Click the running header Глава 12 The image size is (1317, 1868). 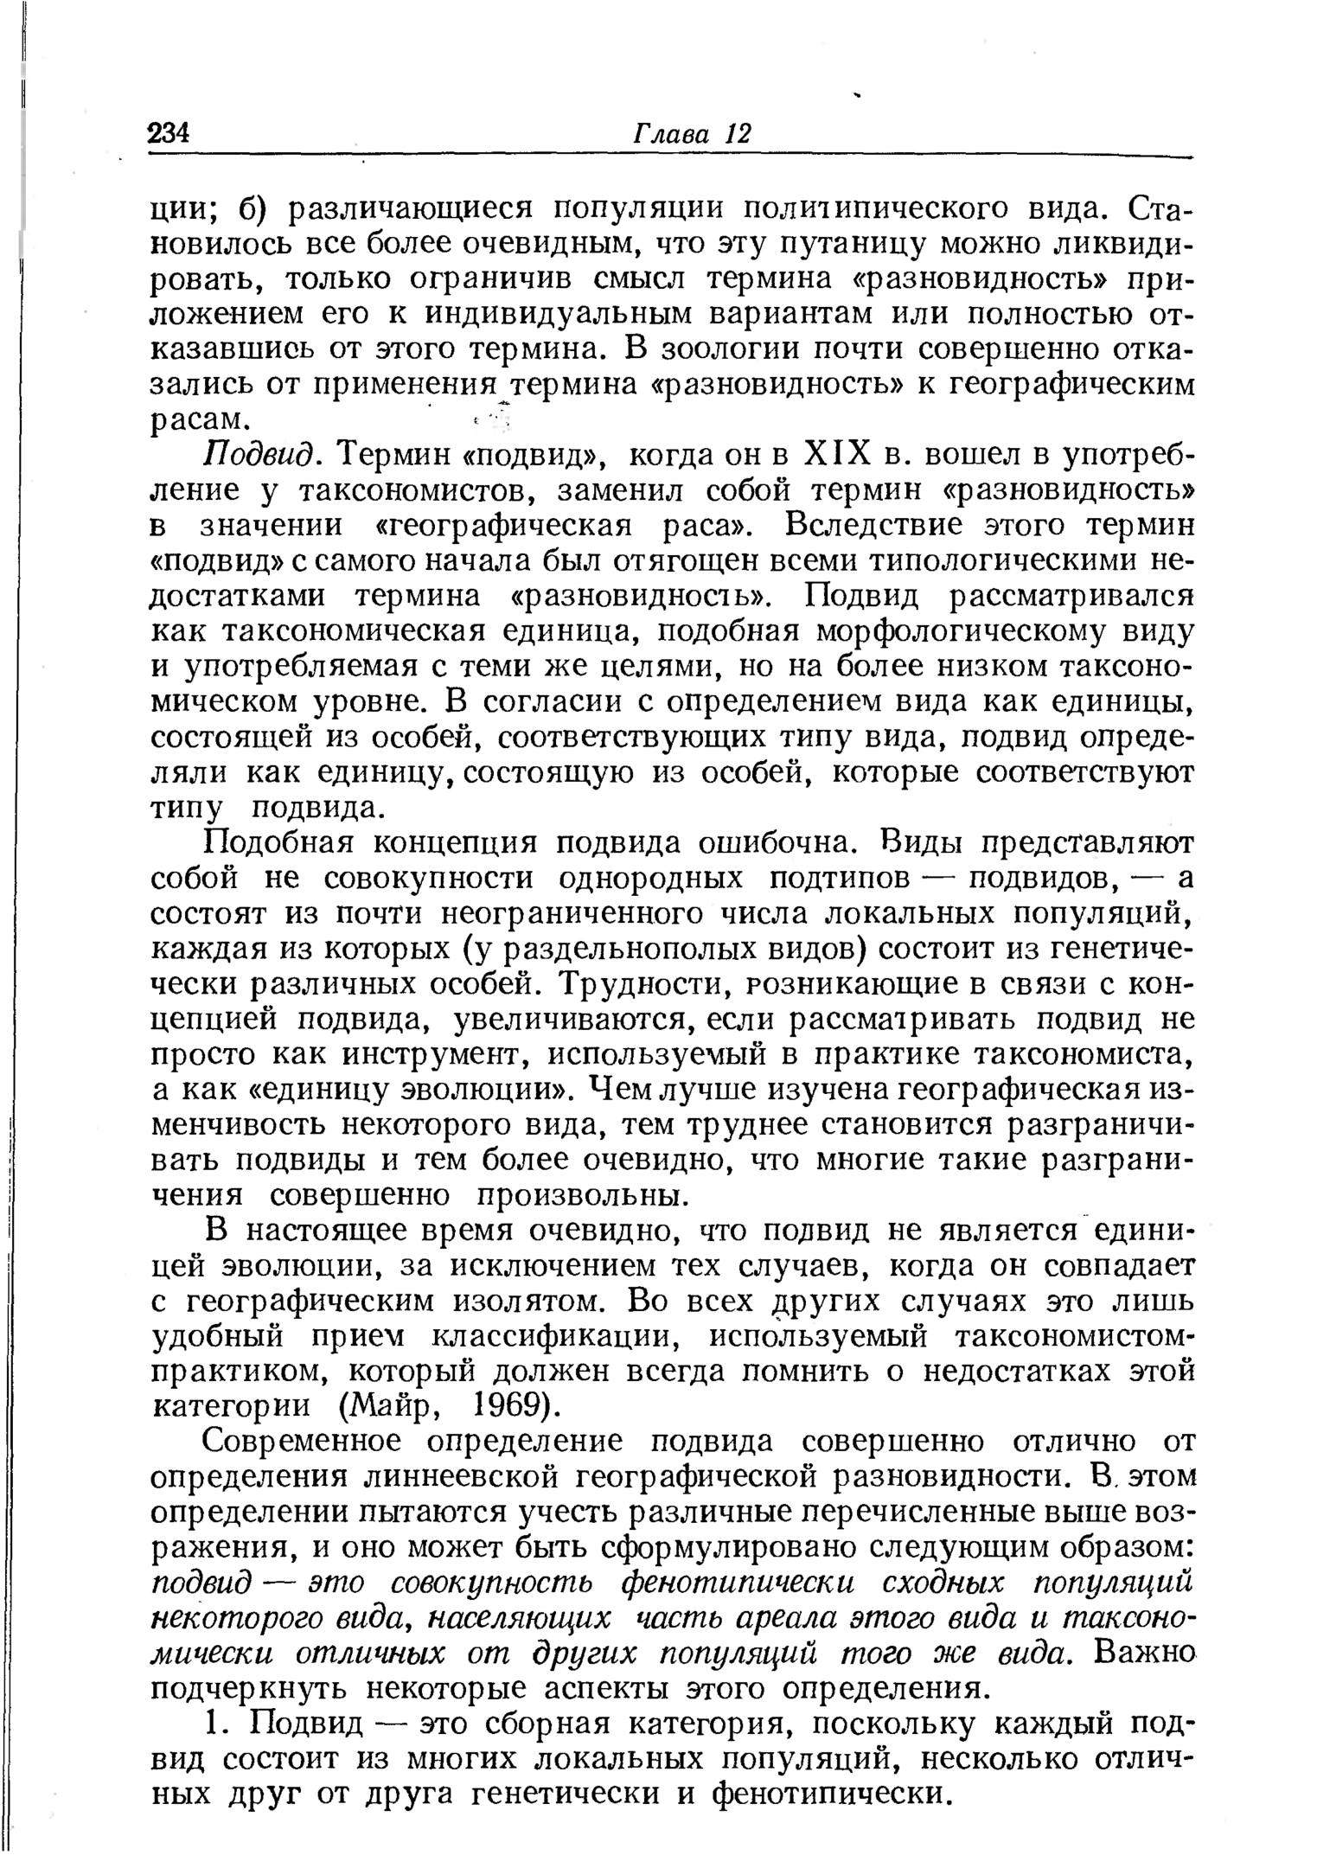coord(694,134)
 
